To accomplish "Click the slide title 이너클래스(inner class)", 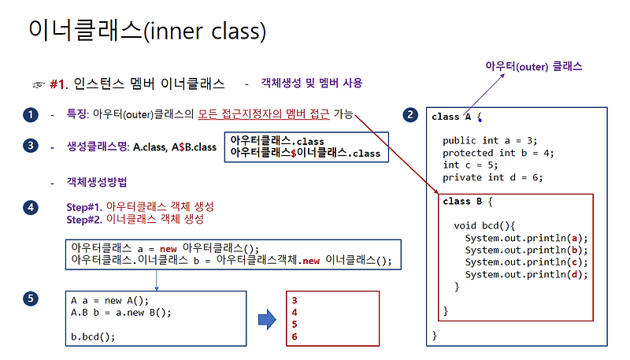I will pos(146,31).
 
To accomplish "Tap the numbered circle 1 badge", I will pos(30,115).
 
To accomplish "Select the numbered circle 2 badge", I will pos(409,115).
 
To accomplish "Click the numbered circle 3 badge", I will pos(30,146).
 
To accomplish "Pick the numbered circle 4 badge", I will pos(30,207).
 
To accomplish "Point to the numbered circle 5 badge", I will pos(30,299).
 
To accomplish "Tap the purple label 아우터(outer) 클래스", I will pos(534,67).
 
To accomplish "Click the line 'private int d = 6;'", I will pos(492,177).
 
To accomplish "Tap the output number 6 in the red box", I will pos(295,336).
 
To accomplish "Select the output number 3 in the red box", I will pos(295,300).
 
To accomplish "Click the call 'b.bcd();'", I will pos(93,336).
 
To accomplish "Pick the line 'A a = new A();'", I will pos(109,300).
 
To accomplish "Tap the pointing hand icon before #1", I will pos(38,84).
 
